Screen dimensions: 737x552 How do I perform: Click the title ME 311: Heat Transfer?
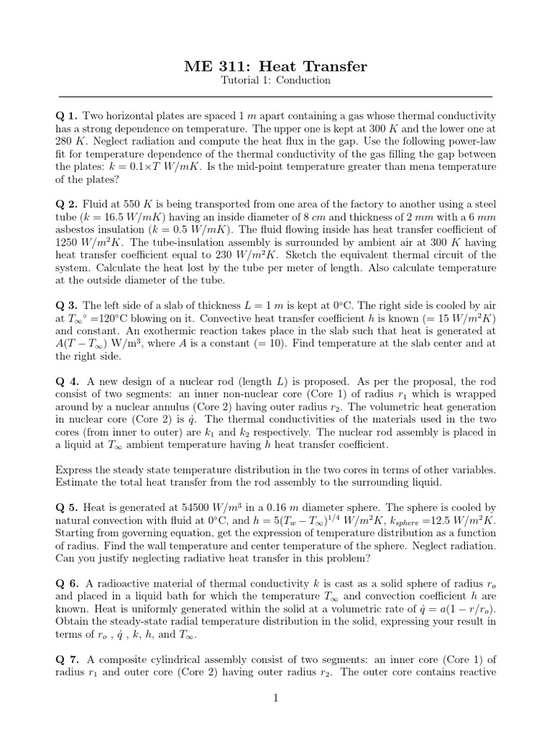[275, 66]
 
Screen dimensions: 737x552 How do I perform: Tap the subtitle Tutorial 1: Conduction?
[275, 81]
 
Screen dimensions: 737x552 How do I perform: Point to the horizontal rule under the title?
[275, 96]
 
